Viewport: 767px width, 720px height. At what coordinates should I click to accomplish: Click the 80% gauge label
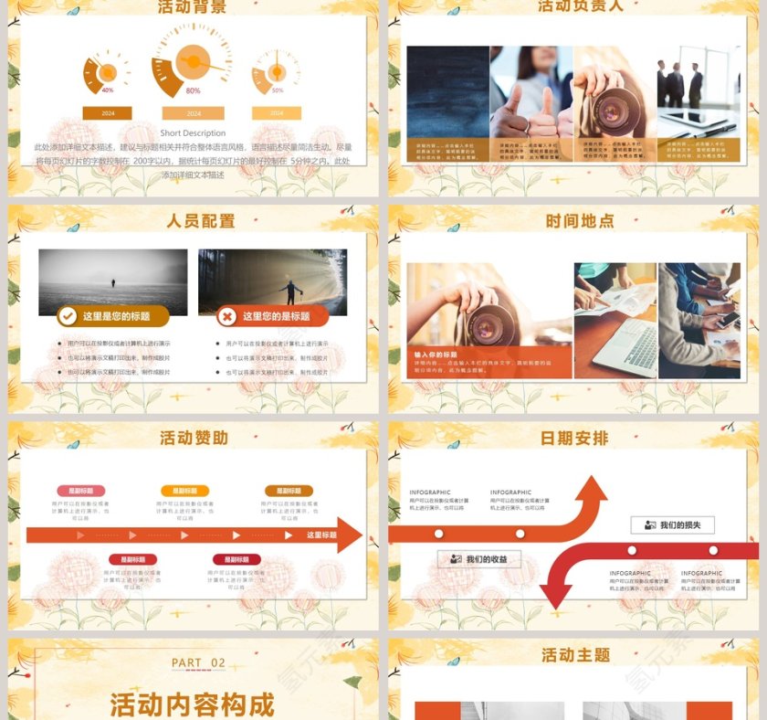point(193,90)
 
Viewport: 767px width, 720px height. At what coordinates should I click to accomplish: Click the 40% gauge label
point(108,90)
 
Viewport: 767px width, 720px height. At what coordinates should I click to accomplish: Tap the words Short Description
point(193,133)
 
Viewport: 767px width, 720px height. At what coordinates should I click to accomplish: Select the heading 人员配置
point(201,221)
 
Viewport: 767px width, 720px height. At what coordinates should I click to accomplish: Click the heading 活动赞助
point(194,439)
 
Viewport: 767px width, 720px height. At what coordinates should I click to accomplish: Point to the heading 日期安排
point(574,439)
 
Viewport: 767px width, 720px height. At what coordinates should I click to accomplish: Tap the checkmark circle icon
point(67,316)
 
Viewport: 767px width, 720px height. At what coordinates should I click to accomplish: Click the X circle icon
point(226,316)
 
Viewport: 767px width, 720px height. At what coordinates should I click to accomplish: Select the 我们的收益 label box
point(479,559)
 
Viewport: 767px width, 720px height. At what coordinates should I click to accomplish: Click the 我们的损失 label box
point(673,525)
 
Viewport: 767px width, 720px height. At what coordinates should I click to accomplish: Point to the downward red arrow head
point(555,594)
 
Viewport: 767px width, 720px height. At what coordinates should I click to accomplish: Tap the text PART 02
point(198,662)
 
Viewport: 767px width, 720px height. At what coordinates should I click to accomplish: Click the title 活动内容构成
point(192,704)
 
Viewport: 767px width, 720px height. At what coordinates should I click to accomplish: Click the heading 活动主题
point(575,655)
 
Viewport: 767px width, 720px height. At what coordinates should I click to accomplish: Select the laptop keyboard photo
point(615,322)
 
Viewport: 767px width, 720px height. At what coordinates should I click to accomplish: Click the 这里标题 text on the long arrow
point(321,535)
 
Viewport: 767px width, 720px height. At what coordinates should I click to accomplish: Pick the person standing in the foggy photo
point(113,285)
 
